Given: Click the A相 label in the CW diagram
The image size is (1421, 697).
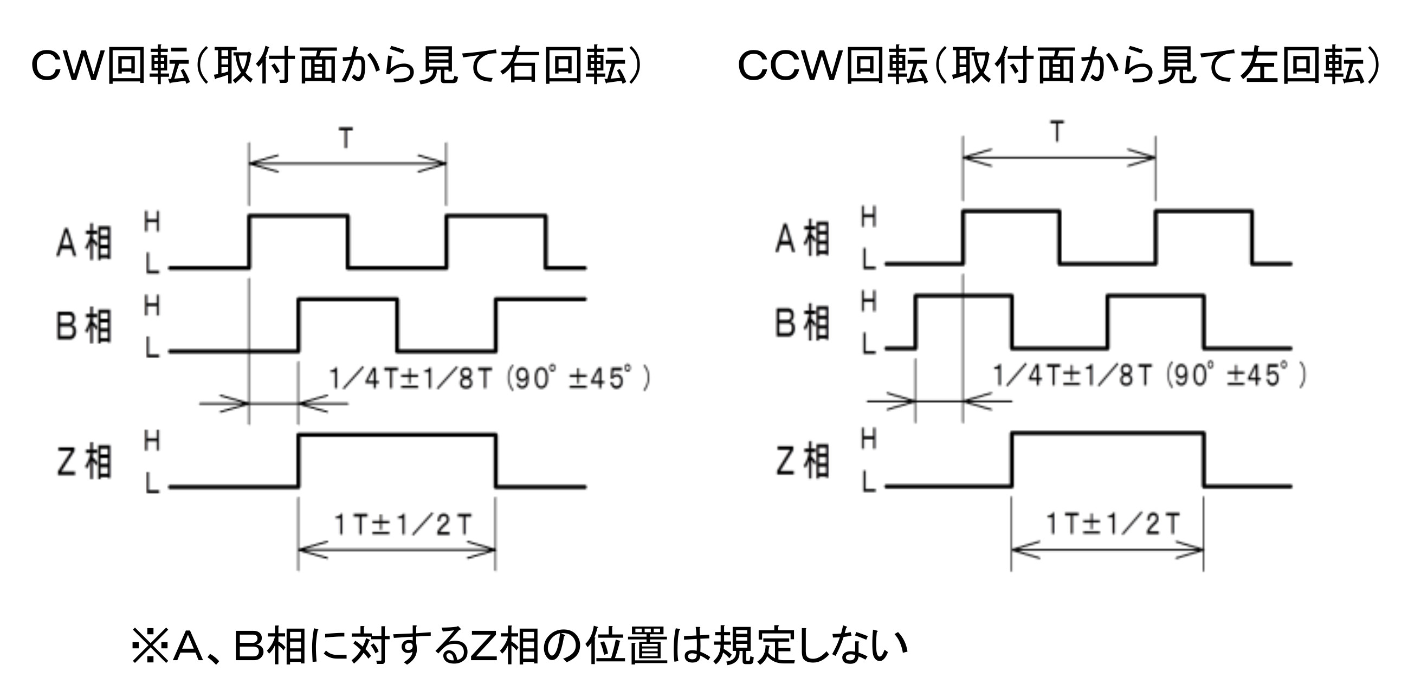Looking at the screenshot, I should pyautogui.click(x=84, y=243).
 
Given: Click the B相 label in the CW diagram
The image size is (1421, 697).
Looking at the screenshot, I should pyautogui.click(x=84, y=326).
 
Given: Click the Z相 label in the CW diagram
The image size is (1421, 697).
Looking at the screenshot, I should pyautogui.click(x=84, y=462).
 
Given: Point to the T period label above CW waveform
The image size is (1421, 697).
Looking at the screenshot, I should pyautogui.click(x=346, y=138).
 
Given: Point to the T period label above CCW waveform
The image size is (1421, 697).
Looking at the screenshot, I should pyautogui.click(x=1057, y=132).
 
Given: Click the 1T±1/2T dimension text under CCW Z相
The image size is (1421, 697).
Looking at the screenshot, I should pyautogui.click(x=1113, y=524).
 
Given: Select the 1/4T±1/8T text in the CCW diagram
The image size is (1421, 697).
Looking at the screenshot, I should pyautogui.click(x=1073, y=376).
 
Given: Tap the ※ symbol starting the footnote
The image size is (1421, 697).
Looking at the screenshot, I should pyautogui.click(x=149, y=645).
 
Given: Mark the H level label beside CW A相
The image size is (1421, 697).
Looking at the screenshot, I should pyautogui.click(x=152, y=222).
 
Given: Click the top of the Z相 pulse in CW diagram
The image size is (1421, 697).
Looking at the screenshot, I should pyautogui.click(x=397, y=435).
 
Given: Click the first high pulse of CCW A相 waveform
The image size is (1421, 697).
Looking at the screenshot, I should pyautogui.click(x=1011, y=211).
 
